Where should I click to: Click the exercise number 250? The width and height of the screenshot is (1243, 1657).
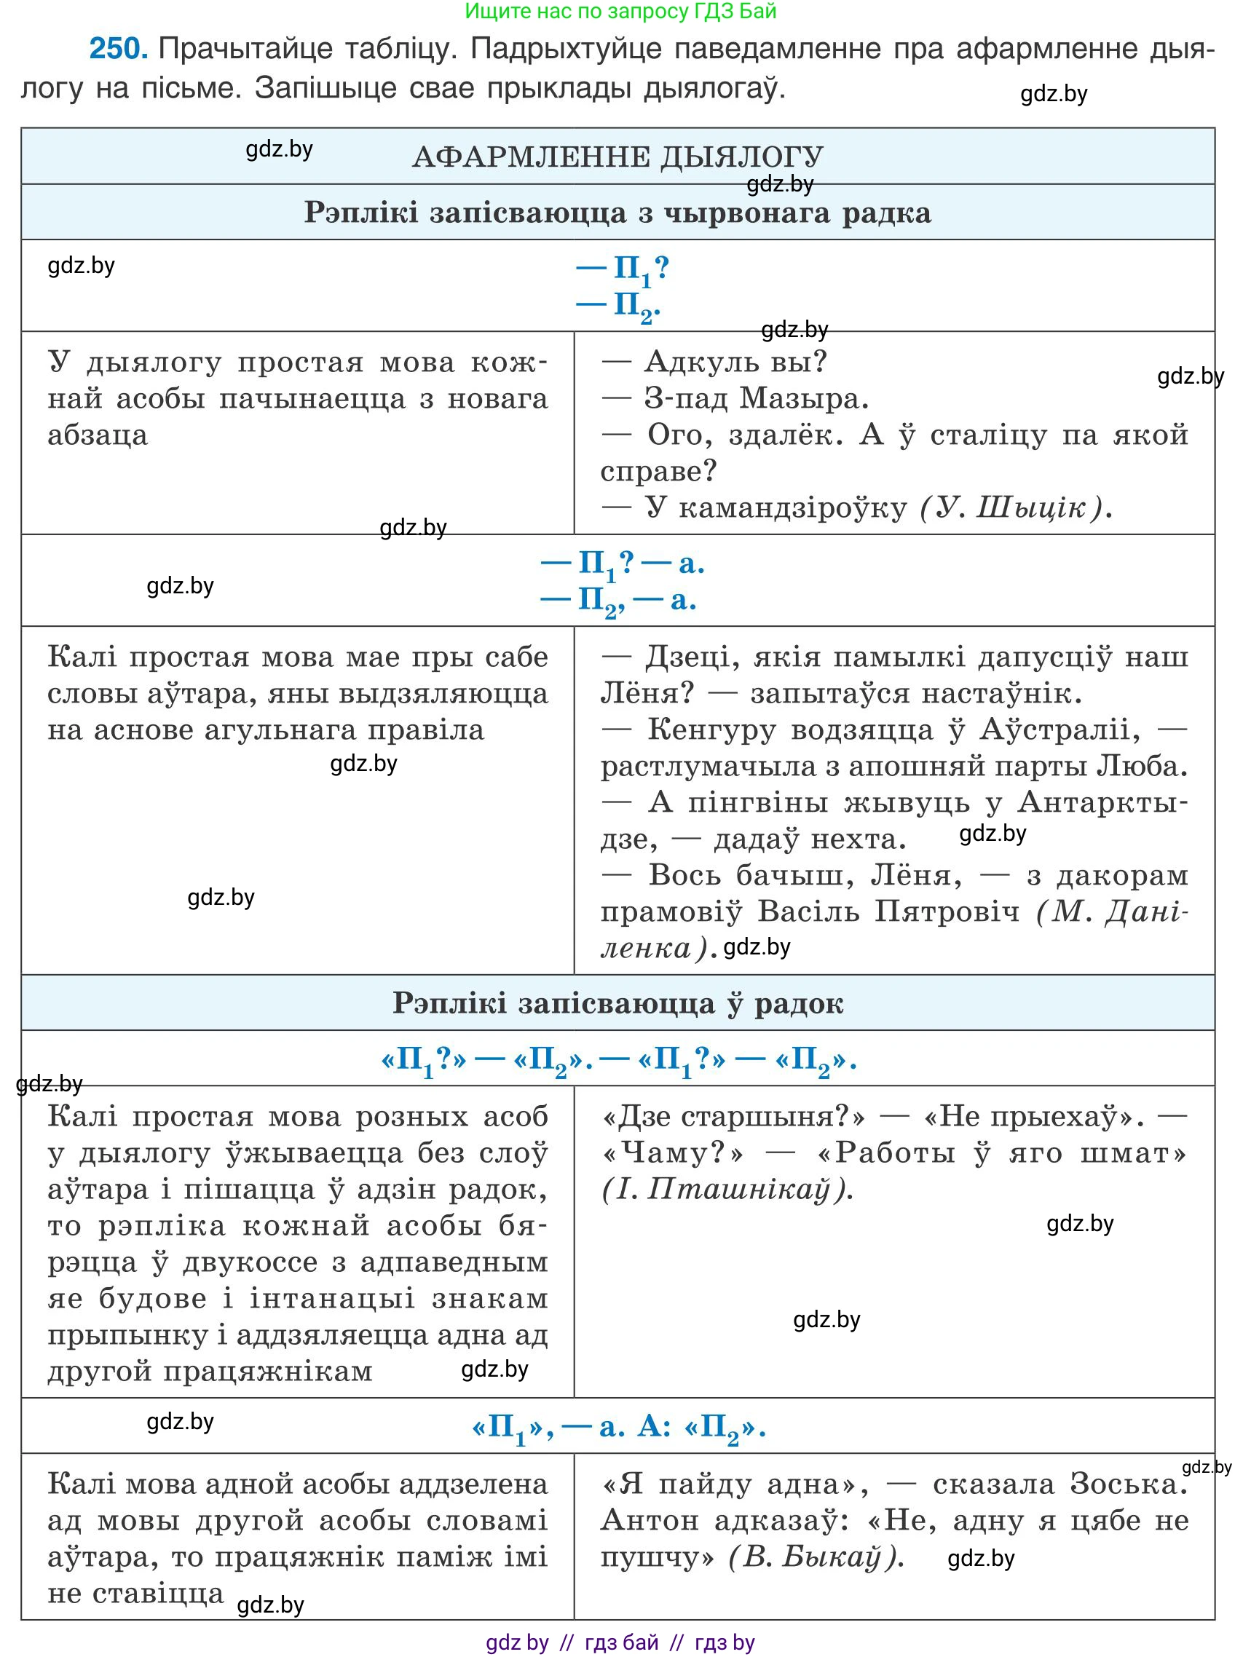[x=118, y=50]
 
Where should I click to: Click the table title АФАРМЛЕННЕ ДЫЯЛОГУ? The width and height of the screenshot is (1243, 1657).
[x=617, y=157]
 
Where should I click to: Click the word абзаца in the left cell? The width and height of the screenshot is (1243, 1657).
[x=98, y=435]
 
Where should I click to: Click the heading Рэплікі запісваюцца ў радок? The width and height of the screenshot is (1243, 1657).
[x=617, y=1003]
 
